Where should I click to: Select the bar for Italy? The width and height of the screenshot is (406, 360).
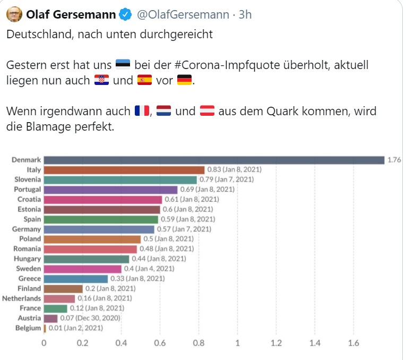click(x=124, y=170)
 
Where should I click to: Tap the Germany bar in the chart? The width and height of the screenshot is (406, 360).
click(x=99, y=229)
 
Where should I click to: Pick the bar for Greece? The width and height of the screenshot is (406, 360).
click(x=76, y=279)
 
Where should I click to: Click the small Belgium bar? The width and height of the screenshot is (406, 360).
click(x=45, y=328)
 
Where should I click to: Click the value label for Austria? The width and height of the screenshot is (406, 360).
click(x=89, y=318)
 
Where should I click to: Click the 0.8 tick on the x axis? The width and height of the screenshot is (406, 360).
click(x=198, y=343)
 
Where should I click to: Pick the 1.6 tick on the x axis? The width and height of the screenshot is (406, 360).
click(x=353, y=343)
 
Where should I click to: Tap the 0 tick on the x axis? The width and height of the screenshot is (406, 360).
click(x=44, y=343)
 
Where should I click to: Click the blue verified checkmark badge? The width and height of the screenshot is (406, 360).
click(x=125, y=14)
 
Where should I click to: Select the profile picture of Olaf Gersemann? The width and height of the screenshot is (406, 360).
click(x=14, y=14)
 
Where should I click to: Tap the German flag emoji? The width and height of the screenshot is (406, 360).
click(x=184, y=81)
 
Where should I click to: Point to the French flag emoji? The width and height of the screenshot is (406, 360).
click(x=143, y=112)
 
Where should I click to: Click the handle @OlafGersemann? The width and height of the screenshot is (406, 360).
click(x=183, y=15)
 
